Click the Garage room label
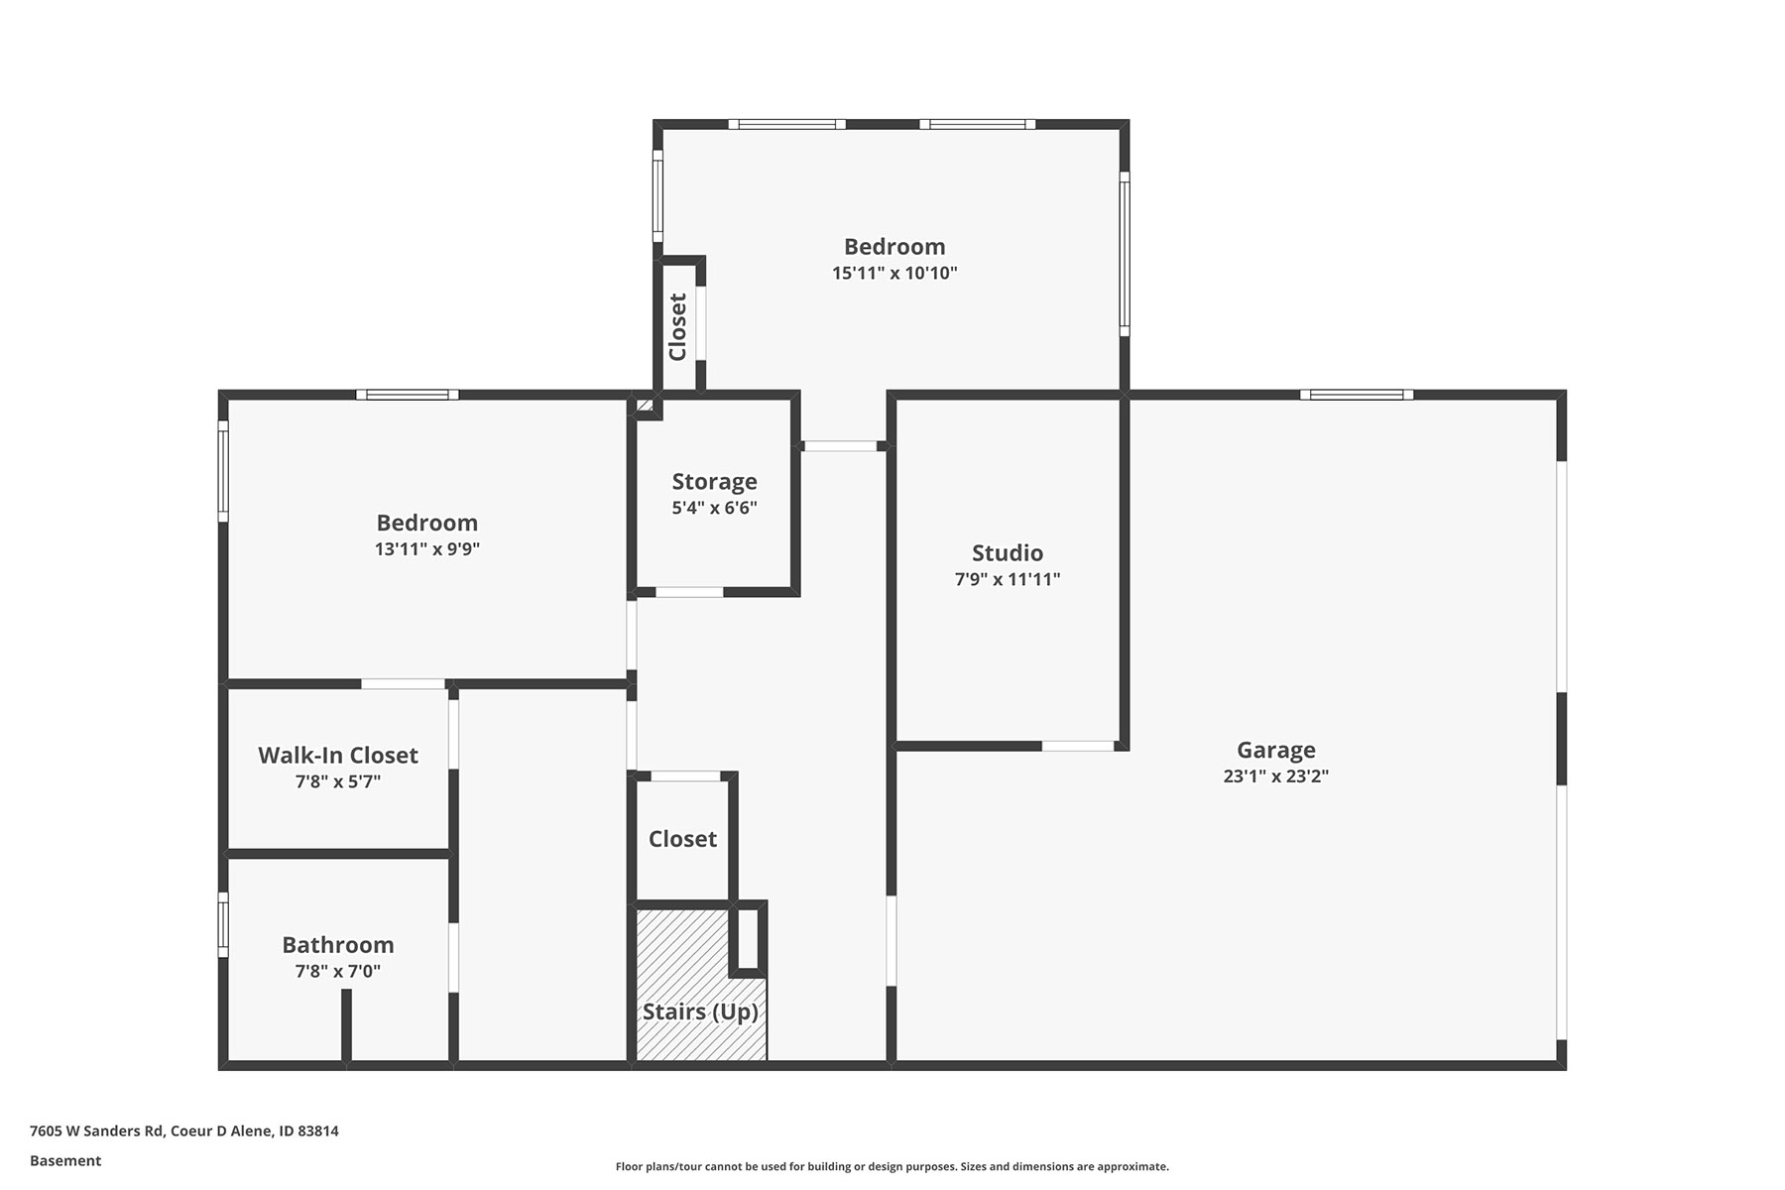point(1275,751)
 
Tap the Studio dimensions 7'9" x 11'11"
point(1008,579)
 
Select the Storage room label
point(714,482)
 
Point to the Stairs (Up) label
point(700,1011)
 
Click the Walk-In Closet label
point(338,756)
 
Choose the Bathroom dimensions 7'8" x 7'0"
point(338,972)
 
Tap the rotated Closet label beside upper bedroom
point(678,327)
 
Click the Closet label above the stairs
point(682,839)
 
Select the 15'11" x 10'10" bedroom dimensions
point(894,273)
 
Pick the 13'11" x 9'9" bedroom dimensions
point(427,548)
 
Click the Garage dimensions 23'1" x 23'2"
point(1275,776)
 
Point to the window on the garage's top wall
point(1357,395)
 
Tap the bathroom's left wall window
point(223,925)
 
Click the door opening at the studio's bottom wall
point(1078,746)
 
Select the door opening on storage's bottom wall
point(689,592)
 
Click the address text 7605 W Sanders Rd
point(97,1130)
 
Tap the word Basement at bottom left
point(65,1160)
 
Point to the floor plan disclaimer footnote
point(892,1167)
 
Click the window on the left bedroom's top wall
point(408,395)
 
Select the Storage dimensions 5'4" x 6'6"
point(714,508)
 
